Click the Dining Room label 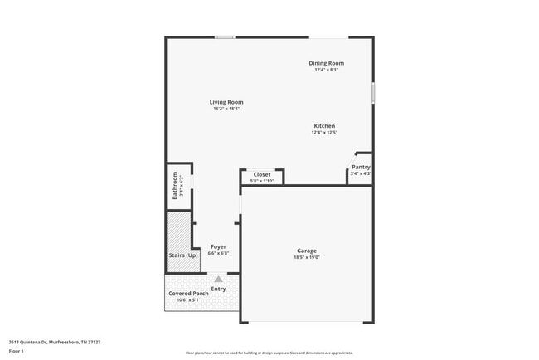[x=326, y=63]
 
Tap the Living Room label [x=226, y=102]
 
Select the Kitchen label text [x=323, y=126]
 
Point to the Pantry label [x=361, y=167]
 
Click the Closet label [x=261, y=174]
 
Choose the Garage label [x=307, y=251]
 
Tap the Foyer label [x=218, y=246]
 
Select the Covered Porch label [x=190, y=294]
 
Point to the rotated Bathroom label [x=175, y=186]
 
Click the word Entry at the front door [x=218, y=289]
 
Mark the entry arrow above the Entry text [x=218, y=280]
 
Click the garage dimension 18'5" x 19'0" [x=307, y=257]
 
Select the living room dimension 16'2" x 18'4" [x=226, y=109]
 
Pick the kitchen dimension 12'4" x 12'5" [x=323, y=133]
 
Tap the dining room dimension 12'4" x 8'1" [x=326, y=70]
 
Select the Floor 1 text [x=17, y=351]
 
